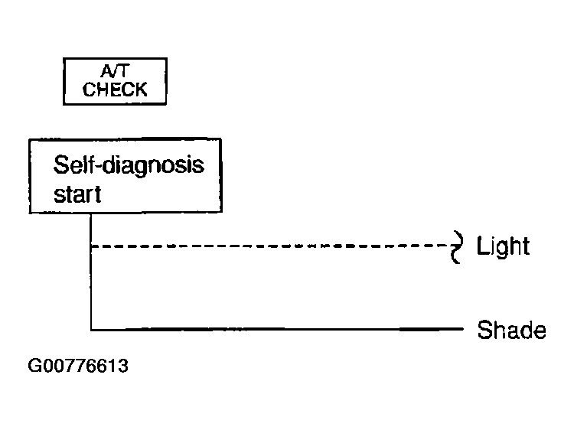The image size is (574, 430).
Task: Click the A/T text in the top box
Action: [x=115, y=71]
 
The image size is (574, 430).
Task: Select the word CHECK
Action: [x=115, y=90]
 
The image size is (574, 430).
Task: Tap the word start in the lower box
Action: [x=77, y=194]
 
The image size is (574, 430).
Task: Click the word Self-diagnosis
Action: [x=129, y=166]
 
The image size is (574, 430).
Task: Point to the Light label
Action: [x=503, y=246]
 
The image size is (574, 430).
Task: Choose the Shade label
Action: [x=511, y=330]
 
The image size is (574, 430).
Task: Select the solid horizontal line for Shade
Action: [x=277, y=329]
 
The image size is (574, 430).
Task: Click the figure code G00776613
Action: [x=78, y=366]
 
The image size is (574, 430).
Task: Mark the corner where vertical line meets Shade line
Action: [x=91, y=329]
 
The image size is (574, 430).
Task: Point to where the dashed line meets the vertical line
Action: [x=91, y=246]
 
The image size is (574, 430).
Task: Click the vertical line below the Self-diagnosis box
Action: [x=91, y=271]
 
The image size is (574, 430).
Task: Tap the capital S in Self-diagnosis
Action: [x=60, y=165]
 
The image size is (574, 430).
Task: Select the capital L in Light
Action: [x=482, y=245]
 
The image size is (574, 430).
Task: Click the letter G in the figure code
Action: [x=34, y=366]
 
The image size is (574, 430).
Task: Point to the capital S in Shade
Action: [x=484, y=330]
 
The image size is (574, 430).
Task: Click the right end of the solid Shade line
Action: [x=463, y=329]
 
